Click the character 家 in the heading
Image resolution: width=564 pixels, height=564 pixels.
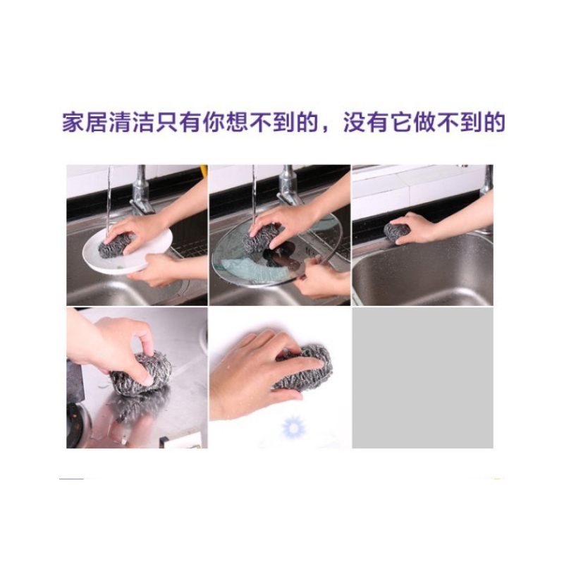tap(73, 123)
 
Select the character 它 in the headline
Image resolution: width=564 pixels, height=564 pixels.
tap(400, 123)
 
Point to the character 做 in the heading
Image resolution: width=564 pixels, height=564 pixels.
tap(424, 123)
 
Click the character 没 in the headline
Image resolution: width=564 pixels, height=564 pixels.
tap(354, 123)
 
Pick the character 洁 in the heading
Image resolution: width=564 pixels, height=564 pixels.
tap(143, 123)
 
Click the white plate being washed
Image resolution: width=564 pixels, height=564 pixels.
tap(127, 251)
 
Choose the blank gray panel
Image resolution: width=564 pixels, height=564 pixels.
tap(422, 378)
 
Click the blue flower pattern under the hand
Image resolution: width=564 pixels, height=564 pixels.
tap(293, 428)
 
